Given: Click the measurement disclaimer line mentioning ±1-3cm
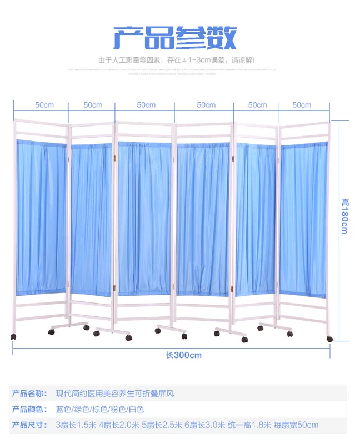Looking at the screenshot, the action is (x=176, y=60).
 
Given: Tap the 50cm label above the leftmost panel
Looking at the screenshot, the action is (x=44, y=105).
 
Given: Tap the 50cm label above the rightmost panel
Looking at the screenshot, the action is (x=302, y=105).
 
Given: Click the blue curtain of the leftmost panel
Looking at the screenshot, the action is (x=41, y=216).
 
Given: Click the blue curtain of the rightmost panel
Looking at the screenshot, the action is (x=303, y=219).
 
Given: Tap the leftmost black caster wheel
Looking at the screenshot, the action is (x=12, y=336).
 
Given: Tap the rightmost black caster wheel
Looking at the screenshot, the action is (x=329, y=338).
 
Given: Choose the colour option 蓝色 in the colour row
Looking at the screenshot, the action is (x=64, y=409).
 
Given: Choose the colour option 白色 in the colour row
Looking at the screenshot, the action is (x=136, y=409).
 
